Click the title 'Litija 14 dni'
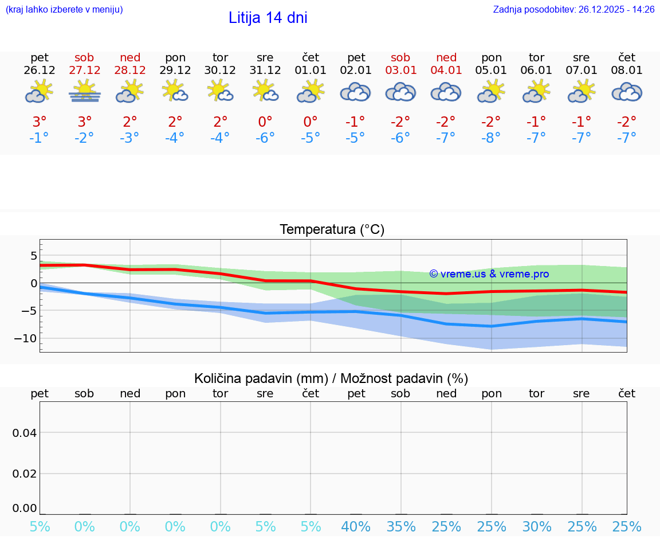[x=268, y=18]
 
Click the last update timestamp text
[x=573, y=9]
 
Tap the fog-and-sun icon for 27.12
[x=84, y=92]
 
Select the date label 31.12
[x=265, y=71]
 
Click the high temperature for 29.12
[x=175, y=122]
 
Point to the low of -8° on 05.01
[x=492, y=138]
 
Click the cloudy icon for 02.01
[x=355, y=92]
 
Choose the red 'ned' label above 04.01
[x=446, y=57]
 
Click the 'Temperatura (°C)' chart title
[x=332, y=230]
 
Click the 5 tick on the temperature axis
[x=33, y=255]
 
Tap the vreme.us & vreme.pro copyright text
[x=489, y=274]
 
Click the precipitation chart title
[x=331, y=378]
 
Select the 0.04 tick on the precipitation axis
[x=25, y=432]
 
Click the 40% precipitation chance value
[x=356, y=527]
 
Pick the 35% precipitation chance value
[x=401, y=527]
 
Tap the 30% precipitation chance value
[x=537, y=527]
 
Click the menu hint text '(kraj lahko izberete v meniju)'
[x=64, y=9]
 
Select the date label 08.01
[x=627, y=71]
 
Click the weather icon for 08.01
[x=627, y=92]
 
